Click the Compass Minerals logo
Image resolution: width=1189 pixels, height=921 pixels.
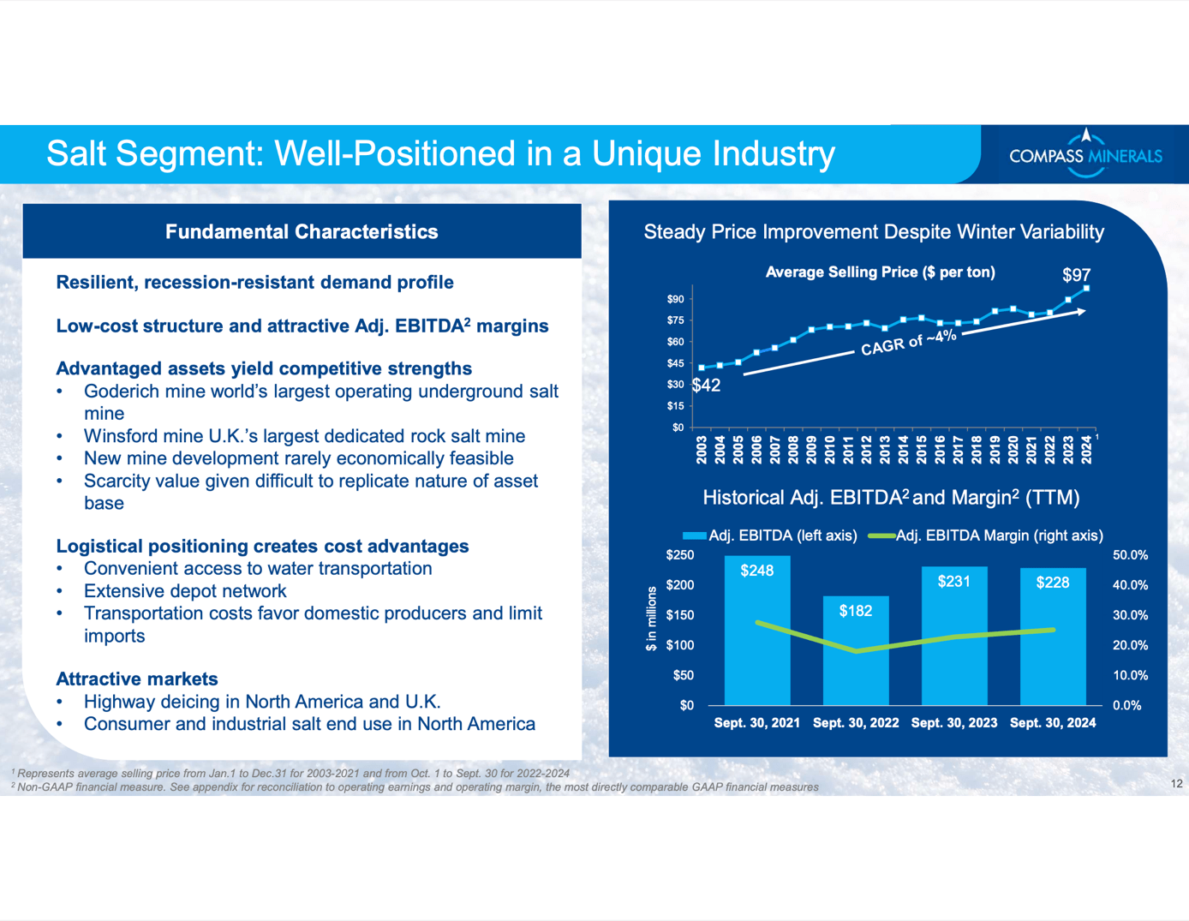[1084, 154]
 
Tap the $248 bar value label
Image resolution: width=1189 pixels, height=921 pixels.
[757, 571]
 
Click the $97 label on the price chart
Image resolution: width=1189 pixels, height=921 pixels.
[1076, 275]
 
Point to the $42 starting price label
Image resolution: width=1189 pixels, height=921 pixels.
[707, 386]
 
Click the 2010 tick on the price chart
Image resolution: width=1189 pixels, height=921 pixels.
[830, 449]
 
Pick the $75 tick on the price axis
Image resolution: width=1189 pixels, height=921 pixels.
[675, 320]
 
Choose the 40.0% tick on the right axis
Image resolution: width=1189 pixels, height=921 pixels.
[1130, 585]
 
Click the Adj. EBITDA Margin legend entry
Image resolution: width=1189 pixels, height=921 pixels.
[986, 535]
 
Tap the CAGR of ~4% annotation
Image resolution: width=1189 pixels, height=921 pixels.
[908, 343]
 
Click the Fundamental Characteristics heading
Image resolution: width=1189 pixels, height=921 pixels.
[302, 232]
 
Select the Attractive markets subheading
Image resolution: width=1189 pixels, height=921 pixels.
[137, 679]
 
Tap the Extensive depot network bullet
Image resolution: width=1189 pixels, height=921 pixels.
[185, 591]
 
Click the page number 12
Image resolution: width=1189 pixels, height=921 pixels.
[1176, 783]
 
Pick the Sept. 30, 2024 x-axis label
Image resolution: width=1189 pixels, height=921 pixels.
[1053, 723]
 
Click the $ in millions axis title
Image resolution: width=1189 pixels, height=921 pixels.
[651, 619]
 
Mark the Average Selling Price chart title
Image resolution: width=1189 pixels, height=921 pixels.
[880, 272]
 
